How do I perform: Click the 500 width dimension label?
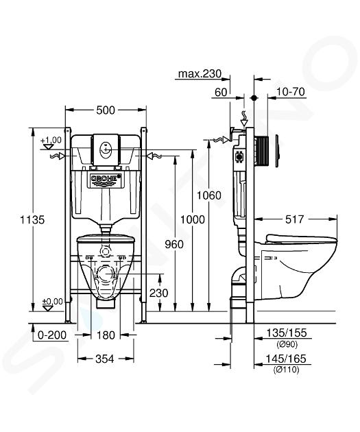coord(106,110)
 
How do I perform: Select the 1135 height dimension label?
coord(32,220)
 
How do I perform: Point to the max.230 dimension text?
coord(200,74)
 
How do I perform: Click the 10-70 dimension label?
coord(291,92)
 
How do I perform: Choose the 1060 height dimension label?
coord(208,195)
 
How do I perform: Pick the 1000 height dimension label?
coord(193,219)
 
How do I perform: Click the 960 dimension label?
coord(174,244)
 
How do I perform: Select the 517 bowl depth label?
coord(294,219)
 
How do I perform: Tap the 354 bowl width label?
coord(105,359)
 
